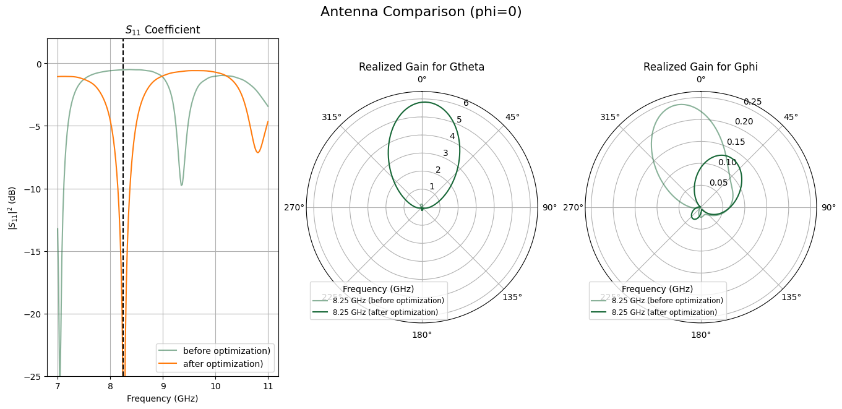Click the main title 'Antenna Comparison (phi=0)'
(421, 12)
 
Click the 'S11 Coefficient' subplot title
(163, 30)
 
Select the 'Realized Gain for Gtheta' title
(421, 67)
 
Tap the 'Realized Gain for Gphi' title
(700, 67)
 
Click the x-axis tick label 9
(163, 387)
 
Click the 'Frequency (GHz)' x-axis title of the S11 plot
(162, 398)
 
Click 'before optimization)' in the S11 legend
(226, 351)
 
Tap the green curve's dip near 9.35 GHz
(181, 185)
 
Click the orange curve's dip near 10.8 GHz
(258, 152)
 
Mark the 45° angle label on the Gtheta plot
(512, 118)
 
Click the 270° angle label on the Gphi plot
(573, 207)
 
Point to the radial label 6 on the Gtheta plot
(466, 103)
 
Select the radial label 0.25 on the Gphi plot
(752, 101)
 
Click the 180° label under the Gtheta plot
(422, 335)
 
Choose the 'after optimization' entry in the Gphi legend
(664, 312)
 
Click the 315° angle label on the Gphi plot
(610, 118)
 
